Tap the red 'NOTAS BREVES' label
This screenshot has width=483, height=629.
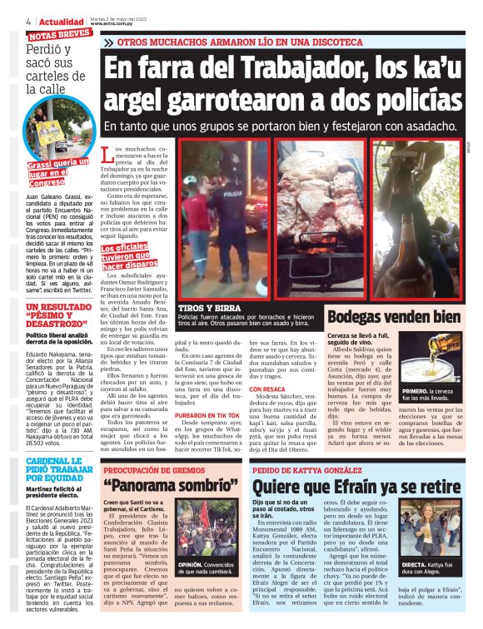click(59, 36)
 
